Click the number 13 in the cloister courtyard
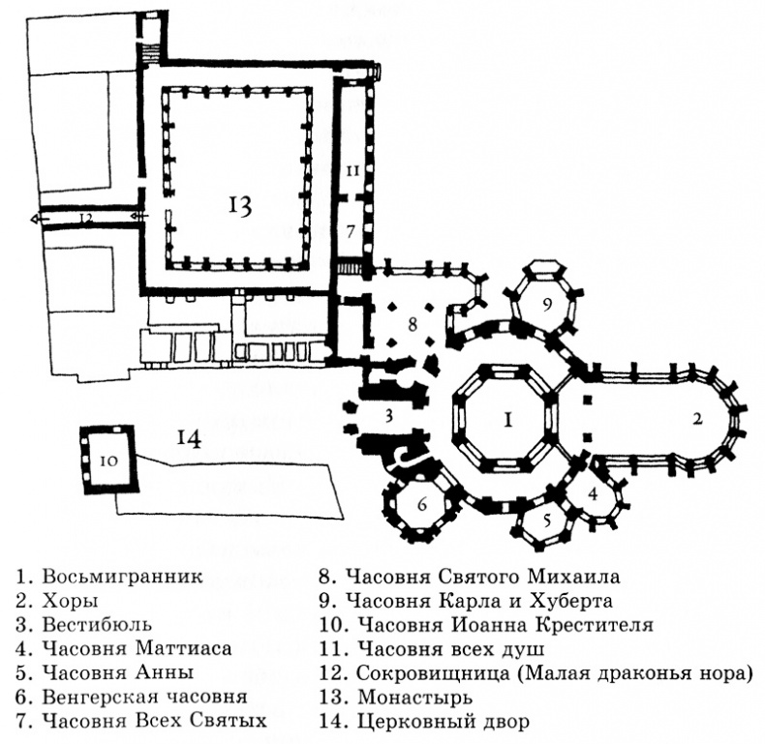click(240, 204)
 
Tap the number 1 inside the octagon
click(506, 421)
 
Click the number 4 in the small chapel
click(593, 491)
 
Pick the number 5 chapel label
click(545, 520)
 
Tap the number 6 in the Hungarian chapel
click(421, 505)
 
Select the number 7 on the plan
click(351, 231)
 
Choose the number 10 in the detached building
click(108, 461)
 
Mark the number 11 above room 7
click(352, 169)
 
